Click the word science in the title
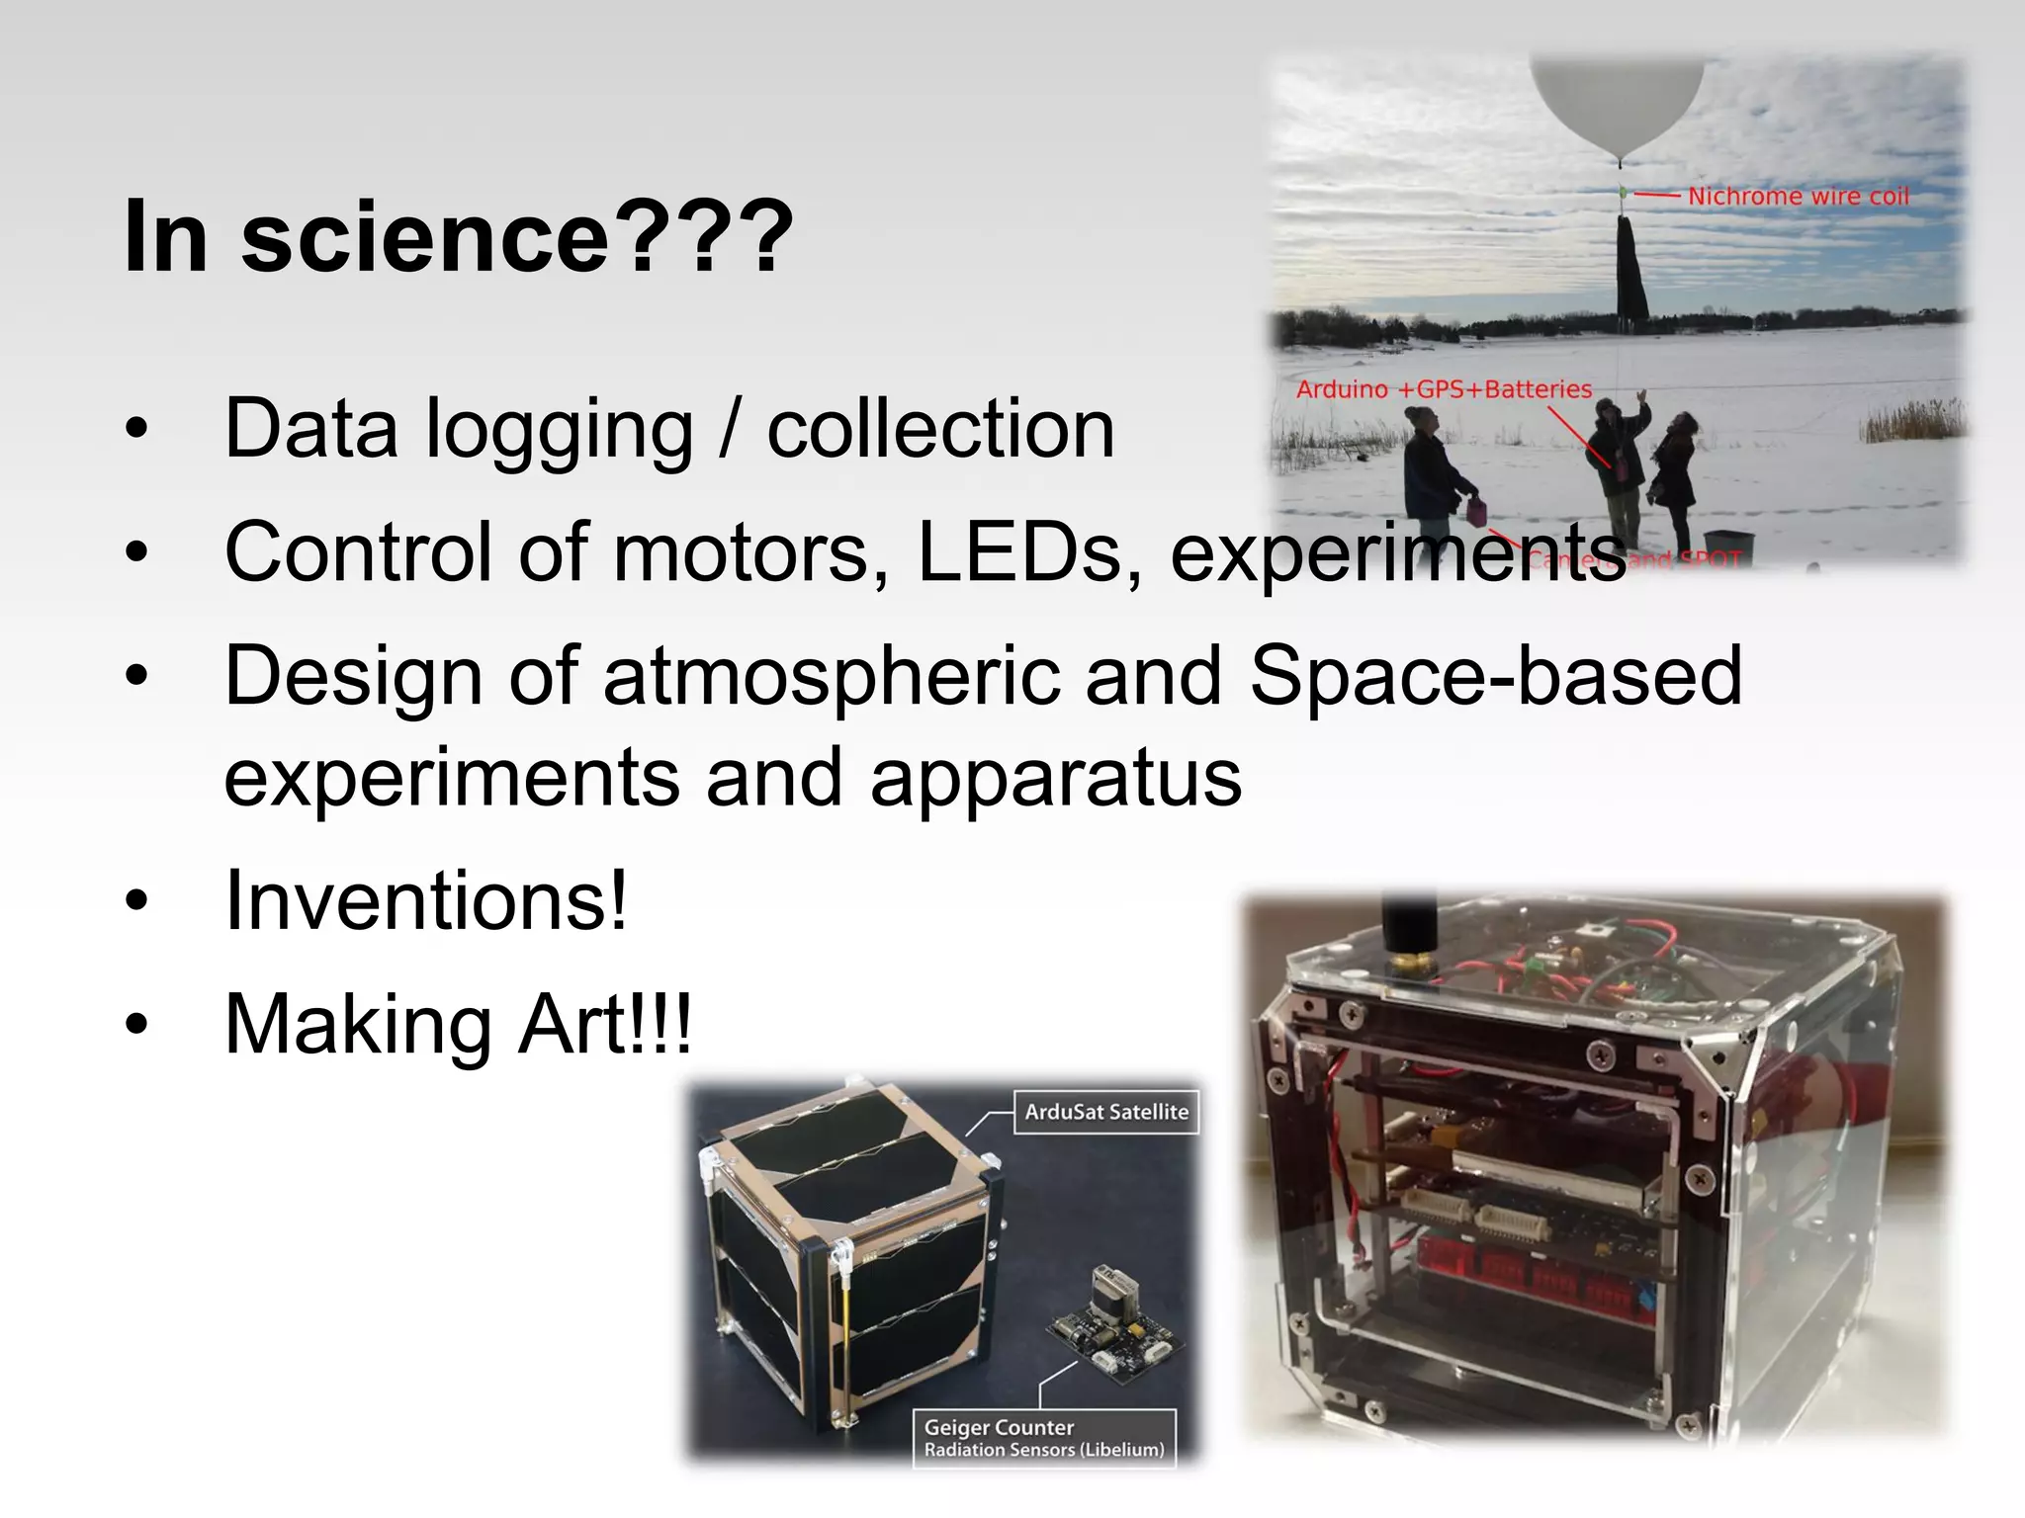pos(425,237)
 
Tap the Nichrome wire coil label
pos(1798,197)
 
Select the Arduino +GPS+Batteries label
pos(1444,389)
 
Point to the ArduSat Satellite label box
pos(1105,1112)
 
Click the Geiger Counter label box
pos(1044,1438)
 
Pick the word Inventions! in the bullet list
pos(426,900)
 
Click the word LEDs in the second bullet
pos(1029,552)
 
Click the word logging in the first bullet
pos(559,429)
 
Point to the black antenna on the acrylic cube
pos(1408,934)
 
